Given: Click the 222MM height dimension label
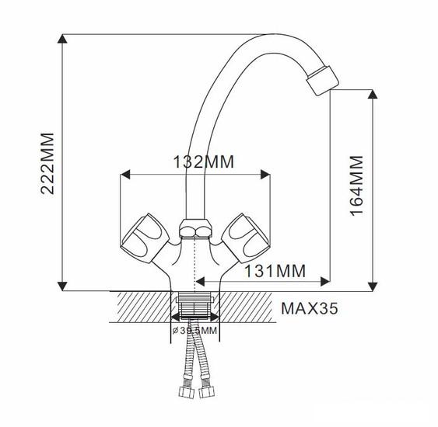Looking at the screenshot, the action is point(47,164).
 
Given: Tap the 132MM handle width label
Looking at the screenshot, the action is point(204,162).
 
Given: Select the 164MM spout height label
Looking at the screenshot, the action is point(357,186).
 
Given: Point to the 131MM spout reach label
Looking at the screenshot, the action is point(275,271).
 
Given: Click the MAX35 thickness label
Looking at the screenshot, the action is point(310,308).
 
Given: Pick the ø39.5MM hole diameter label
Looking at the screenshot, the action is point(194,331).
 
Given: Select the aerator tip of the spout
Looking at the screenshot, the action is point(323,81).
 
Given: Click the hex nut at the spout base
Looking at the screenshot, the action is point(195,228).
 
